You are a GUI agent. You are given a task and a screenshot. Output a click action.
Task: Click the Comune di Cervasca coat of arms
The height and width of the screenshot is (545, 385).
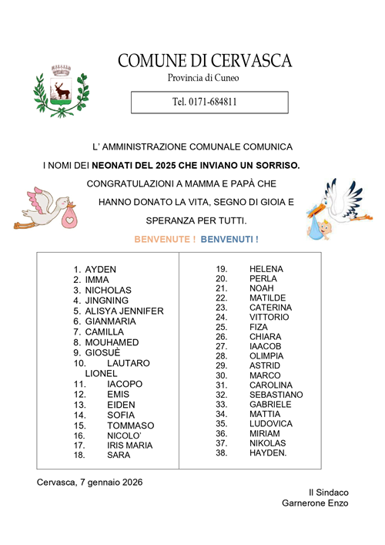60,92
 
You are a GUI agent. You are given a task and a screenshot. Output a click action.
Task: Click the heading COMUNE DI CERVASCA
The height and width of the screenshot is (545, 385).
205,60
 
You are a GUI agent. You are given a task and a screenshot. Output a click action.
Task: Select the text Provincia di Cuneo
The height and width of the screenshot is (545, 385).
204,78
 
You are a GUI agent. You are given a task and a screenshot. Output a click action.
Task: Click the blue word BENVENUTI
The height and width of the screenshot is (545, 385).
229,240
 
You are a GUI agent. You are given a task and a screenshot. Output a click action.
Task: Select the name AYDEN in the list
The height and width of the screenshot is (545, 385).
101,269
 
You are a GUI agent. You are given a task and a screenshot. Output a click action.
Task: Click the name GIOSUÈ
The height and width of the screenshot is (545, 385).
102,352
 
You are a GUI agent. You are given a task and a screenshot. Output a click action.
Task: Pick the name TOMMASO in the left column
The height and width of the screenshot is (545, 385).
130,426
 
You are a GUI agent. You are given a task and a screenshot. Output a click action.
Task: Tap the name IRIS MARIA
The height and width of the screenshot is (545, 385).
129,445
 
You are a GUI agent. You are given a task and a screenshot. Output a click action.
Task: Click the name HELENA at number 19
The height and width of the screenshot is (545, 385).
266,268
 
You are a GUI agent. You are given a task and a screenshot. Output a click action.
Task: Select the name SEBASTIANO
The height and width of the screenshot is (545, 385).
276,395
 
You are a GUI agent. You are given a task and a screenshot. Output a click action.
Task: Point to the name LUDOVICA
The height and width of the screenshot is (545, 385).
271,424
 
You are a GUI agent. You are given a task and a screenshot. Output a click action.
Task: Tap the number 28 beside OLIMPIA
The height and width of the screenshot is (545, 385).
222,356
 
